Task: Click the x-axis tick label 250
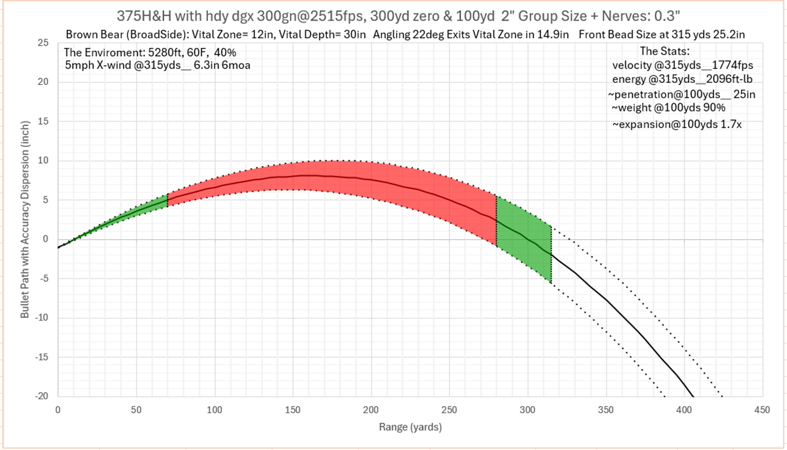449,410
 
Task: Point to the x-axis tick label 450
762,410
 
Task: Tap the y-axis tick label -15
43,357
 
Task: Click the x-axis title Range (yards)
410,428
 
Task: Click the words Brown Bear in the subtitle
92,35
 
